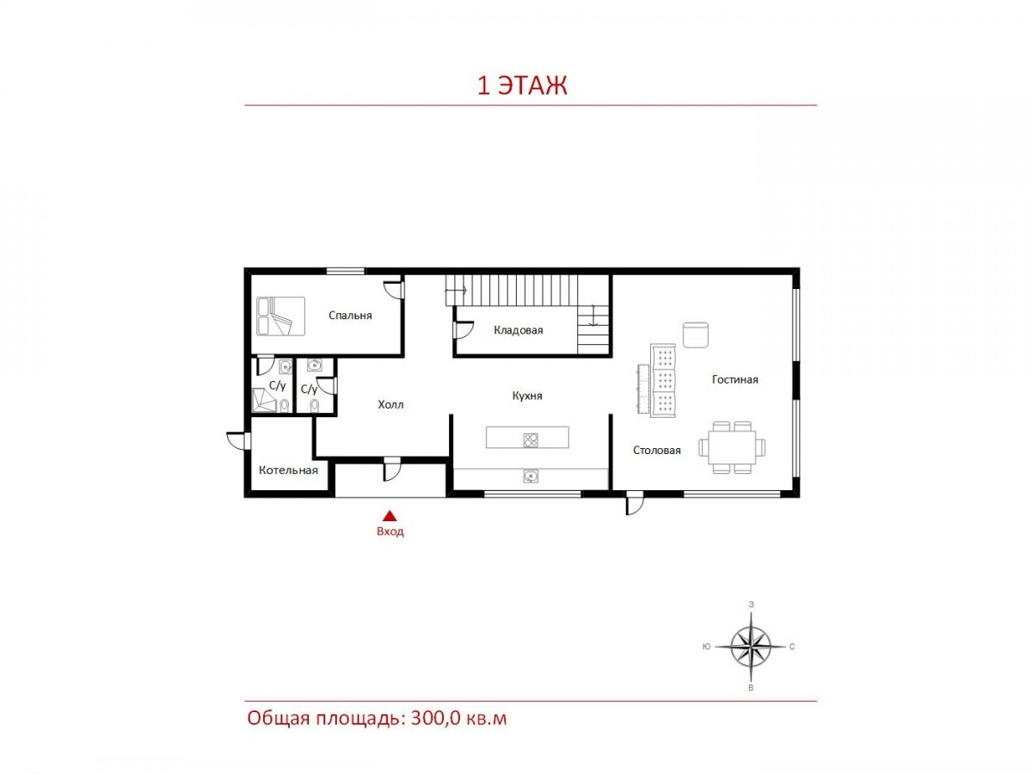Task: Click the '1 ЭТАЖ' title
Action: click(x=522, y=85)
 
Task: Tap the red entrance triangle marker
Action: click(x=390, y=516)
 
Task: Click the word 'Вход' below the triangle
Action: click(x=390, y=531)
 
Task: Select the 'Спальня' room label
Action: click(x=350, y=316)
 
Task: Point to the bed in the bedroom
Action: click(x=280, y=316)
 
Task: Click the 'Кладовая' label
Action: click(x=518, y=330)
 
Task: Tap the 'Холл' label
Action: click(x=390, y=404)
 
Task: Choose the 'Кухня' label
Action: click(x=527, y=396)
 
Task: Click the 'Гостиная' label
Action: click(x=734, y=380)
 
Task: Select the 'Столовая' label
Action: click(x=657, y=451)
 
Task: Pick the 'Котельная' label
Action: click(x=288, y=470)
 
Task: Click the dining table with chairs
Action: click(x=732, y=447)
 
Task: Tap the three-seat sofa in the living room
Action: click(x=663, y=380)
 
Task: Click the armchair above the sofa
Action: click(x=696, y=335)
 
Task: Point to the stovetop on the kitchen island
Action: click(x=531, y=440)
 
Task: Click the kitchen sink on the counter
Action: click(x=531, y=477)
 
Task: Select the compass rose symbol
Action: click(x=751, y=647)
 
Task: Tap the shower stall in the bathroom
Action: click(x=265, y=401)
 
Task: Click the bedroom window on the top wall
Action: click(x=346, y=271)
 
